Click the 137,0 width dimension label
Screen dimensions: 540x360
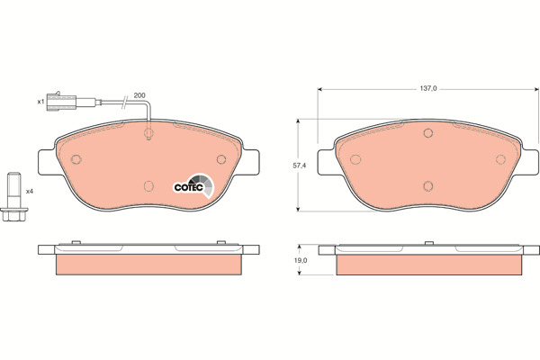click(427, 88)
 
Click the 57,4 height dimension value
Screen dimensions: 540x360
click(300, 166)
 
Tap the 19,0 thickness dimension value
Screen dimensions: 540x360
click(301, 260)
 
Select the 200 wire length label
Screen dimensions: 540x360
click(139, 95)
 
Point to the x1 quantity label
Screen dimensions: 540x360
click(41, 102)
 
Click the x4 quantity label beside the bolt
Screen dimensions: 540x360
click(30, 191)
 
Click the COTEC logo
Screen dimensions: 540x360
click(193, 186)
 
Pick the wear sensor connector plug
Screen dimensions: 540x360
click(59, 103)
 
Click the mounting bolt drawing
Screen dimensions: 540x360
click(14, 197)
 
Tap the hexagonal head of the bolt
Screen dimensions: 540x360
click(14, 214)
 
